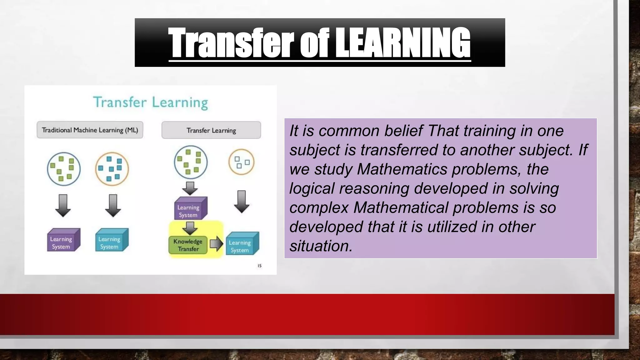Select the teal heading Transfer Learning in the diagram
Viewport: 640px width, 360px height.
151,102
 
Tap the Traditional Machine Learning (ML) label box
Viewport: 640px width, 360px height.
90,130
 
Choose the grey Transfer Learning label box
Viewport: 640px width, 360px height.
211,130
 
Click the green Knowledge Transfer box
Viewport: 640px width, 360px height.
188,245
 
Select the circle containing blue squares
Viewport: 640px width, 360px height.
112,169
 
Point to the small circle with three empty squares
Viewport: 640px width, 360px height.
241,162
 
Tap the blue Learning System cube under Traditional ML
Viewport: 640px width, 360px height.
112,240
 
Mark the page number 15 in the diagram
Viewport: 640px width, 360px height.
259,266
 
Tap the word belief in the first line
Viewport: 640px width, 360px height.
403,131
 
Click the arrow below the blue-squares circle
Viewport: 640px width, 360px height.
113,205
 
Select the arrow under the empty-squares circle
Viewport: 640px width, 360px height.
242,202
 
